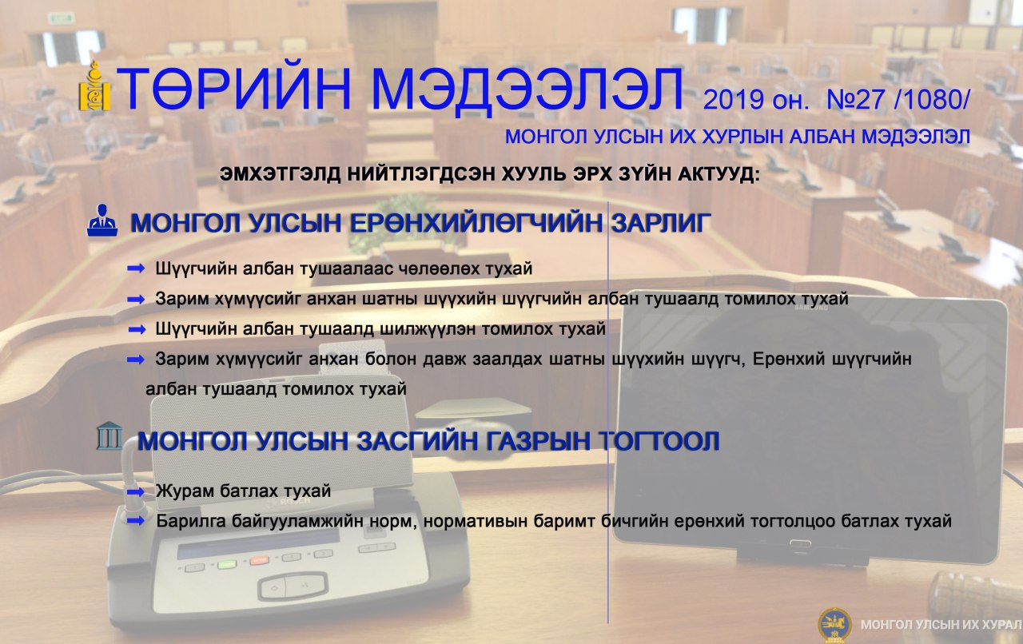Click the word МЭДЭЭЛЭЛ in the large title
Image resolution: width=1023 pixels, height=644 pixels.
coord(527,89)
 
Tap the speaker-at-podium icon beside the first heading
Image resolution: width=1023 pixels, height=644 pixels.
coord(102,221)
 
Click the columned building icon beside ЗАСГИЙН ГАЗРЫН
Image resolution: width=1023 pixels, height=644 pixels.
coord(109,435)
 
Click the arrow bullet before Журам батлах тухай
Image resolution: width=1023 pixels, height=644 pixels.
coord(136,491)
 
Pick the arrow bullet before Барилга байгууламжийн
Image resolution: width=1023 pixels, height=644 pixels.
coord(136,521)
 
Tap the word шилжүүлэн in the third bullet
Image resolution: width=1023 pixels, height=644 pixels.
coord(428,329)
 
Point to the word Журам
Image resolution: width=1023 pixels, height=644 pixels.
coord(185,491)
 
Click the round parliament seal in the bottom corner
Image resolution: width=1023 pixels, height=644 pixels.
coord(834,625)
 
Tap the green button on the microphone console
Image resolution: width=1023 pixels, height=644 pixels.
coord(226,564)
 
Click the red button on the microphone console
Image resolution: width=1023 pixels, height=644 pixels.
coord(259,560)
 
